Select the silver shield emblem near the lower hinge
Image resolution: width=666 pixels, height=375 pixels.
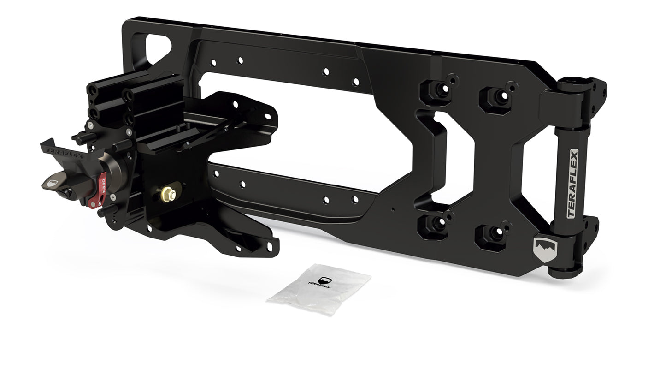pos(545,249)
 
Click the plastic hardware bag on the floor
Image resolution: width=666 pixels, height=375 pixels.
pos(319,289)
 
